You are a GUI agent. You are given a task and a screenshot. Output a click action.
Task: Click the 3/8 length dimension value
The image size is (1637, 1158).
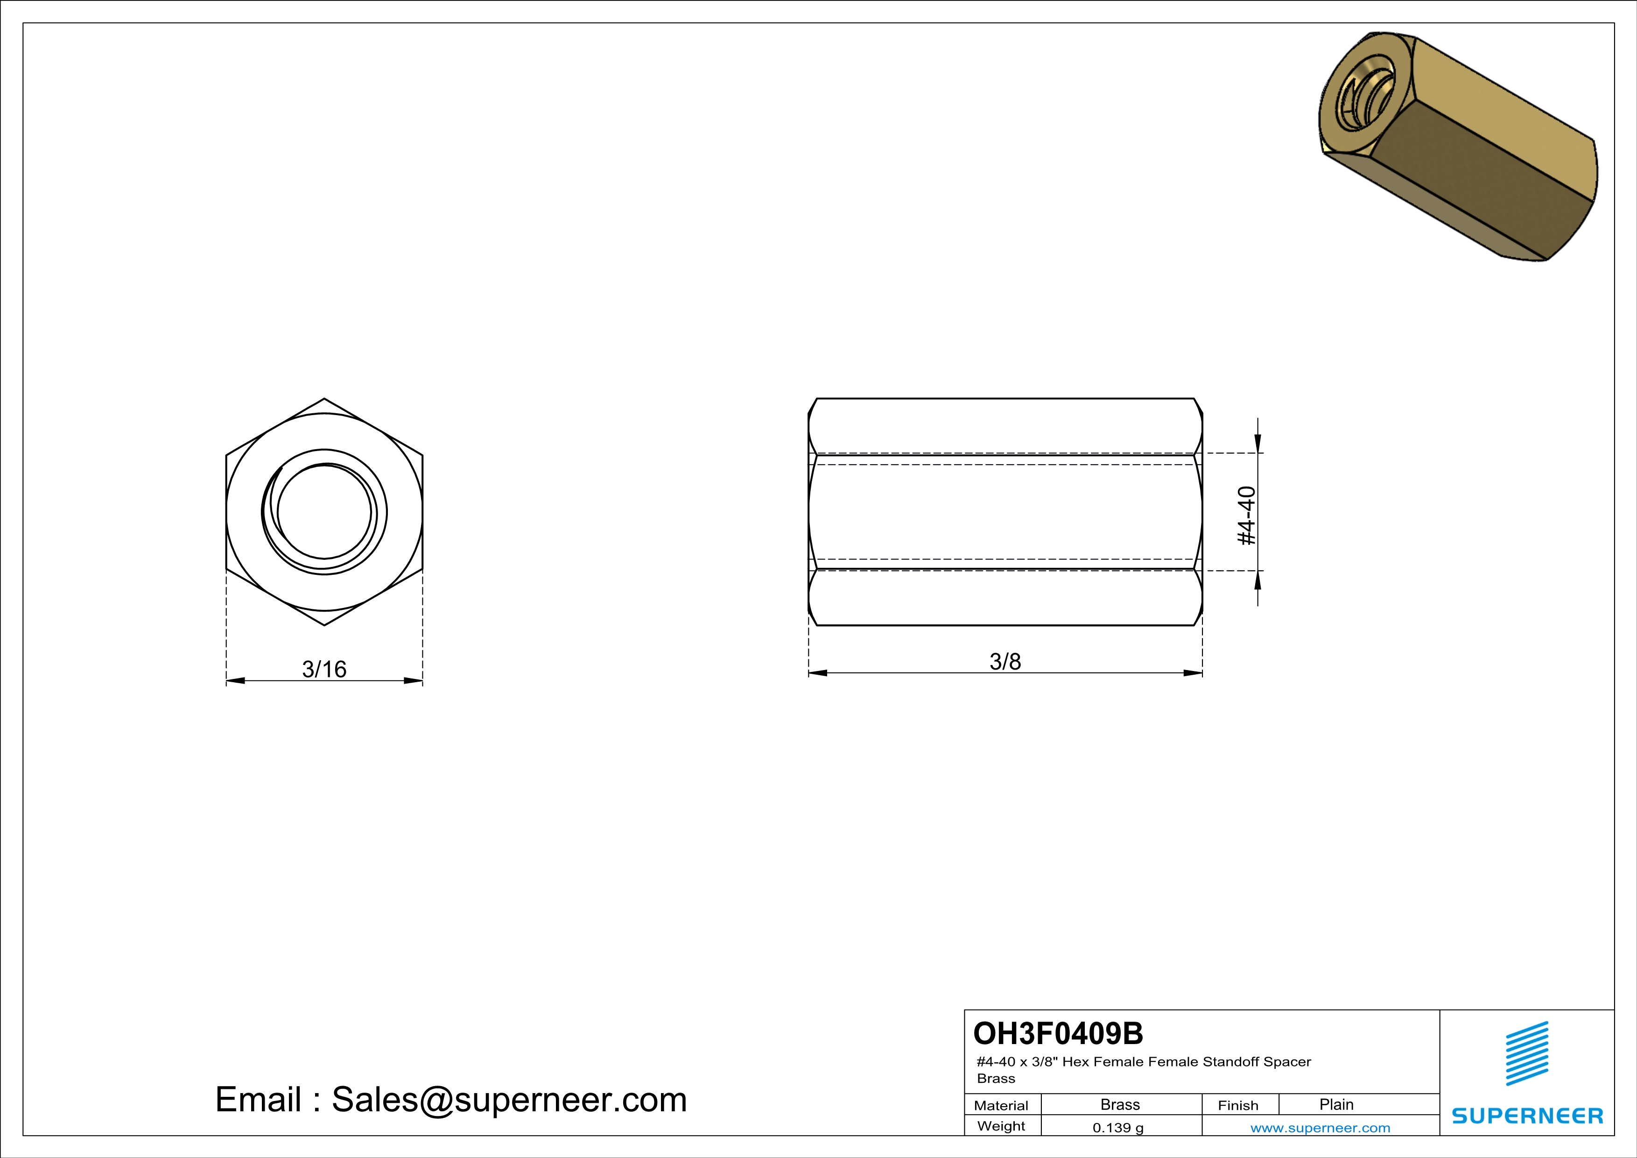pos(1005,662)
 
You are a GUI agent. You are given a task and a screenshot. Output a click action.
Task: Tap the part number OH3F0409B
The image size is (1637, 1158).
pos(1058,1033)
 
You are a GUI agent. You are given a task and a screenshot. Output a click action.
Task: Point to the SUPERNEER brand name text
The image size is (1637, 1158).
pos(1527,1116)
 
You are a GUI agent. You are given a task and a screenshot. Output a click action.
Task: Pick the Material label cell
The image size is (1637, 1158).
pos(1001,1105)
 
